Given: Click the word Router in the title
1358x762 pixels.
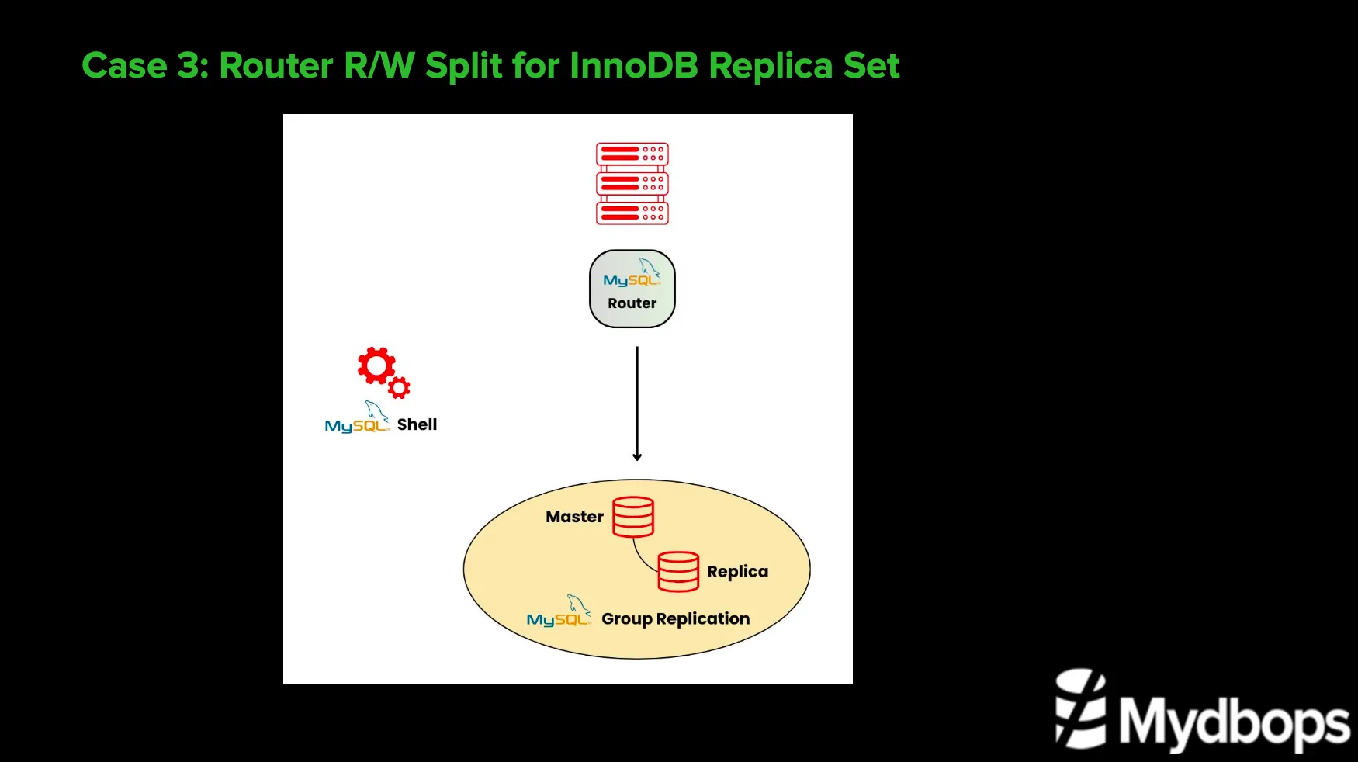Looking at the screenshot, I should pyautogui.click(x=275, y=66).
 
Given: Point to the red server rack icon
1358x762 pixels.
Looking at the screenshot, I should pyautogui.click(x=632, y=184).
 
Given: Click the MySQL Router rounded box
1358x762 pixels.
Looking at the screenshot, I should pyautogui.click(x=632, y=289).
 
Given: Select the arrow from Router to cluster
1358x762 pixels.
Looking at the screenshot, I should pyautogui.click(x=637, y=404).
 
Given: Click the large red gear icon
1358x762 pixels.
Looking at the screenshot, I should pyautogui.click(x=376, y=365).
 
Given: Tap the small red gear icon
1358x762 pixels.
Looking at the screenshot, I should pyautogui.click(x=399, y=387).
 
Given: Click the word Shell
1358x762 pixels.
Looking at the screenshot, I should pyautogui.click(x=417, y=424).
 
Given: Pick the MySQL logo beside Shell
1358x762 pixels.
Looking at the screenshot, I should pyautogui.click(x=357, y=419).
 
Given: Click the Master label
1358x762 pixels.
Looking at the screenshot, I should pyautogui.click(x=574, y=517).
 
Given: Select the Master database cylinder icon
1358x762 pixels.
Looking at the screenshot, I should pyautogui.click(x=633, y=517).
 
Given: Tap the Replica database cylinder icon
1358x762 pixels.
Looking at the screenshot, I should pyautogui.click(x=678, y=572).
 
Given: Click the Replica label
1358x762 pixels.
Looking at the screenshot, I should pyautogui.click(x=737, y=572).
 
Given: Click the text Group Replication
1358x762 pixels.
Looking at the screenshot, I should pyautogui.click(x=675, y=619).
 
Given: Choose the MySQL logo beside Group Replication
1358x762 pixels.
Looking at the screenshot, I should pyautogui.click(x=559, y=613).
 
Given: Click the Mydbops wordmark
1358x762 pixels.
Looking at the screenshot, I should pyautogui.click(x=1234, y=722).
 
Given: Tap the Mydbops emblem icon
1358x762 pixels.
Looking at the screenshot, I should pyautogui.click(x=1080, y=708).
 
